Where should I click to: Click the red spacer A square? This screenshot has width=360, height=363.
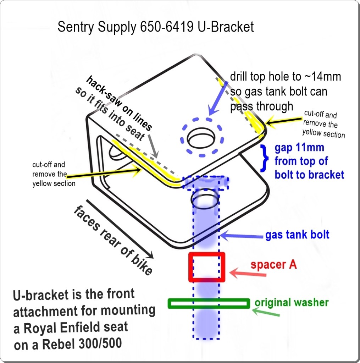tap(207, 267)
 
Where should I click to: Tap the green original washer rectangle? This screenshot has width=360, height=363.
tap(209, 303)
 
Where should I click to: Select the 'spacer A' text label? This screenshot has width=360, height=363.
tap(273, 265)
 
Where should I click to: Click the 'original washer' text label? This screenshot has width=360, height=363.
tap(292, 303)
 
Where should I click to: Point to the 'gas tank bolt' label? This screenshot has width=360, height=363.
tap(297, 235)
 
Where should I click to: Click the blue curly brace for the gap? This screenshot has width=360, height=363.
tap(264, 159)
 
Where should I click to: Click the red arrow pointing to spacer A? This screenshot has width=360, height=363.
tap(248, 274)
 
